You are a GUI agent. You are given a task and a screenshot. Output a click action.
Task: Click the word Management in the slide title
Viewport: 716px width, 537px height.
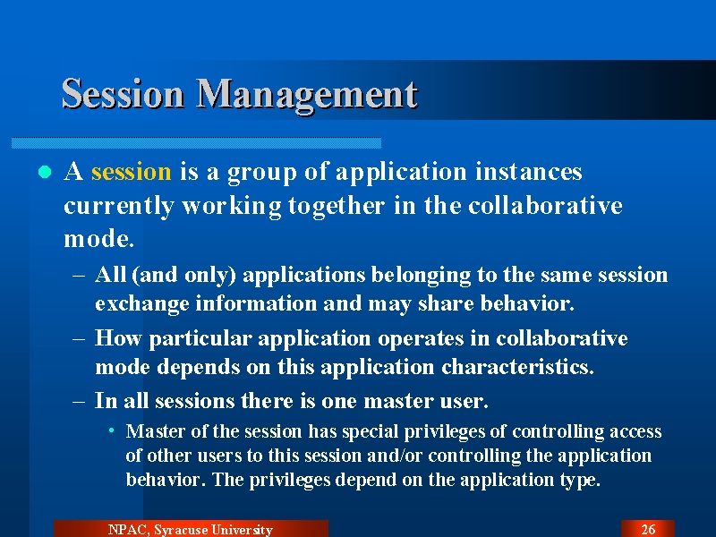pos(307,96)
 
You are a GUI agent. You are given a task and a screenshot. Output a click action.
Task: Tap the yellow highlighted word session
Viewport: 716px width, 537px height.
pos(131,172)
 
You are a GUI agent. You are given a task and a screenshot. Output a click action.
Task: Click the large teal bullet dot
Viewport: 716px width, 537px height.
pos(45,172)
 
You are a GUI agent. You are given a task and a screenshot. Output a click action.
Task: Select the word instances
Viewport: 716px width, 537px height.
pos(528,172)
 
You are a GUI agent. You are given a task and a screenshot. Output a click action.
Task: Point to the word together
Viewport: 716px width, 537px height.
pos(337,207)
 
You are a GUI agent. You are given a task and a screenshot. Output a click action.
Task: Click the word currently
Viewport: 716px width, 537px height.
pos(118,207)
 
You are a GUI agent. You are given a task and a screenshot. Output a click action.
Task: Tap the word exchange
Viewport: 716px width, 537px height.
pos(142,304)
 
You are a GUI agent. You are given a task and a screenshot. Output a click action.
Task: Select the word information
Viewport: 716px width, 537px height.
pos(256,303)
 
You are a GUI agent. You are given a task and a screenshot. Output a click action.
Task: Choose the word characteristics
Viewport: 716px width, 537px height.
pos(517,367)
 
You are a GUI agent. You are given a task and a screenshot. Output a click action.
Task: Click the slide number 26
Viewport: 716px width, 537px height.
pos(648,529)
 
